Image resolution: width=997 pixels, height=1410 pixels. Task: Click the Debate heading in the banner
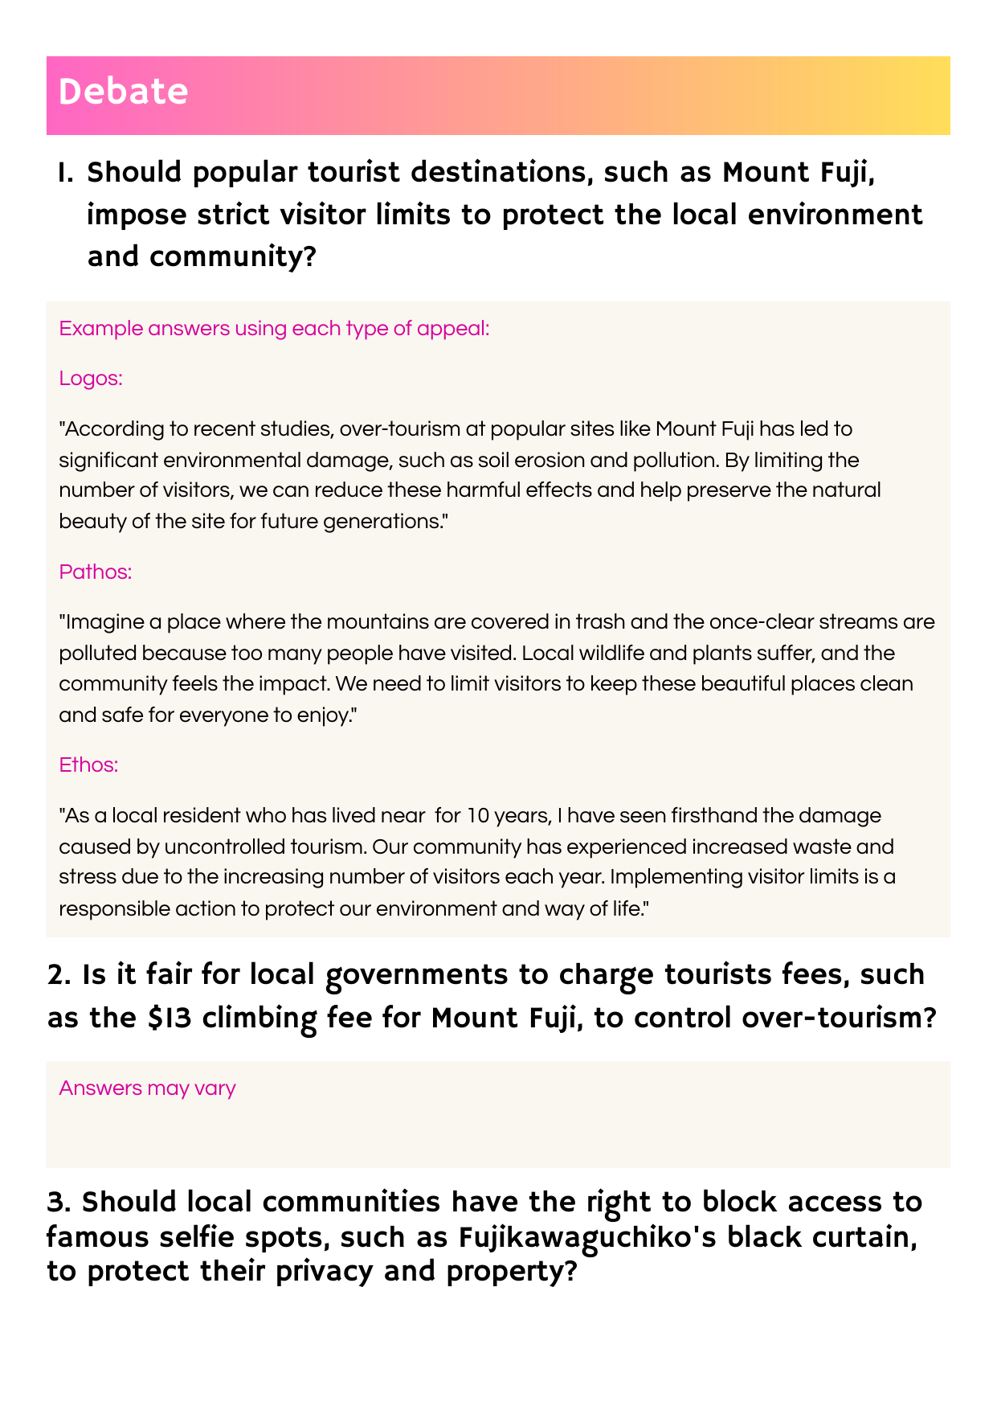123,92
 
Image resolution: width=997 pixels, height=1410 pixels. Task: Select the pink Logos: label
91,378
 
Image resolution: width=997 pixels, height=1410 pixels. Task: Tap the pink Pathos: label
96,572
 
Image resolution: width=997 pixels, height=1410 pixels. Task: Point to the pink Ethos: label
88,764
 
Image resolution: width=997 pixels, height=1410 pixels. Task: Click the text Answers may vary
147,1088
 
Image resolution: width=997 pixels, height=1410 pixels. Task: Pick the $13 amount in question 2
168,1018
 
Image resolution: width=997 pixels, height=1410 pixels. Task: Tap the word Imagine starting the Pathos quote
99,622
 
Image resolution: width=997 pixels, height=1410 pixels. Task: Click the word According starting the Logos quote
110,428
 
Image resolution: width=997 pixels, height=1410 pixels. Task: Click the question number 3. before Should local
60,1203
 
